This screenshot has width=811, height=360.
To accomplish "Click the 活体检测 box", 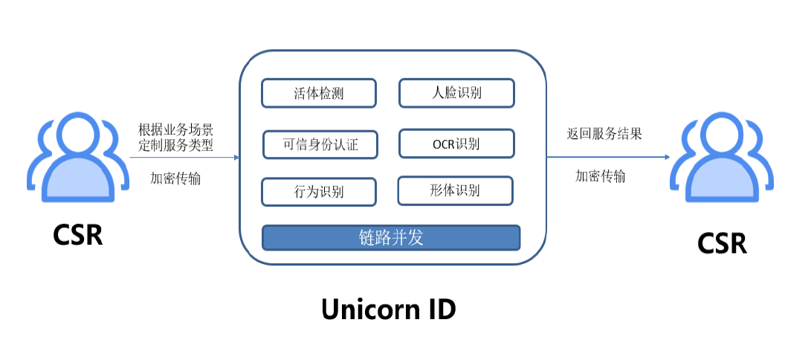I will click(318, 94).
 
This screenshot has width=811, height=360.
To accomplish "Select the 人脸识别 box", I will click(456, 93).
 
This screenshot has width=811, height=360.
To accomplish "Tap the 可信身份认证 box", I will click(320, 144).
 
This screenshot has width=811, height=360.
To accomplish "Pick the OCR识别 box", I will click(456, 144).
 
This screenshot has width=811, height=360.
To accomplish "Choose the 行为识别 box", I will click(318, 191).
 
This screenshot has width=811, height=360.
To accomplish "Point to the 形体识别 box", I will click(455, 190).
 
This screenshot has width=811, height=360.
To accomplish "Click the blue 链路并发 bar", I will click(391, 238).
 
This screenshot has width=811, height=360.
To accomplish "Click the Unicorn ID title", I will click(388, 309).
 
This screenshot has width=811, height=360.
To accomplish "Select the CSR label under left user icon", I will click(77, 235).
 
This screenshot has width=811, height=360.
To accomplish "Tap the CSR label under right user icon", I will click(722, 243).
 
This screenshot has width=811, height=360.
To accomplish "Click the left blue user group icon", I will click(77, 156).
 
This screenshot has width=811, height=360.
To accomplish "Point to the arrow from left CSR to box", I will click(184, 157).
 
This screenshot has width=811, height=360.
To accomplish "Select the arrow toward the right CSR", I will click(608, 157).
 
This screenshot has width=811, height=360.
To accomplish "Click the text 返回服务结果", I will click(604, 135).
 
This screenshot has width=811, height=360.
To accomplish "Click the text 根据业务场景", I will click(175, 130).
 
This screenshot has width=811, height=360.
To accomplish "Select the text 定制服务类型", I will click(175, 145).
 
